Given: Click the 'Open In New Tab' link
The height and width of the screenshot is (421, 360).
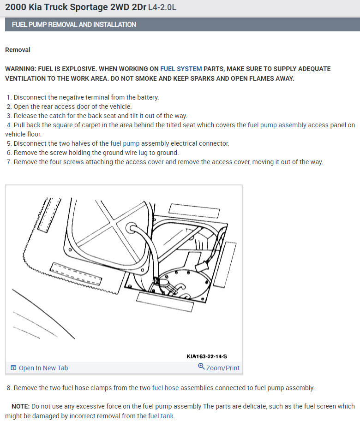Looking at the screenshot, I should [x=43, y=368].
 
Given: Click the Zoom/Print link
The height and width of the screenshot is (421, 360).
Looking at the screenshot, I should [x=223, y=368].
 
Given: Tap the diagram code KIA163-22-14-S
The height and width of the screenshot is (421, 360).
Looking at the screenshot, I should [x=207, y=356].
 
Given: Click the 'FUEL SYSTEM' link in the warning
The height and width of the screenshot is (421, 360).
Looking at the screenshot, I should [x=181, y=69].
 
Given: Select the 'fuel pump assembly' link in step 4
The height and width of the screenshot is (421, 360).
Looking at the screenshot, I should [x=277, y=125].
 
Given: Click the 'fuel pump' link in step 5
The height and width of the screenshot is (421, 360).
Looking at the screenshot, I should [x=125, y=143].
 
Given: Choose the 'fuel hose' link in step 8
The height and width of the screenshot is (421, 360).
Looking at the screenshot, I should [x=165, y=388].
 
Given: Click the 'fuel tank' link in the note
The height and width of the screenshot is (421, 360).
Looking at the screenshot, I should [x=161, y=416].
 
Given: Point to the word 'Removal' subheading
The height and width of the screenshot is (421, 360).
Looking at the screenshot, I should [x=18, y=50].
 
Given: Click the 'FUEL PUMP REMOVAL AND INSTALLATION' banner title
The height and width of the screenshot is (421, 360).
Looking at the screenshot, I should [x=74, y=24].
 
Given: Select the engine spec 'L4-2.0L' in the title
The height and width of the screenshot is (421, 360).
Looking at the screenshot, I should [x=162, y=8].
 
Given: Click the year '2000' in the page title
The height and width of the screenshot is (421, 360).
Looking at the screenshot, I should [x=15, y=8].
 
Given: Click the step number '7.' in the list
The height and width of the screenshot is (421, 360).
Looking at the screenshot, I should [x=9, y=162].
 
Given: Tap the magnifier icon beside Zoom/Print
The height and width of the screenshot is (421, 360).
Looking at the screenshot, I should [x=201, y=367].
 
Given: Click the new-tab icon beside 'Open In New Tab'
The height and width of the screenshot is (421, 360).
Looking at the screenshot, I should [x=13, y=368].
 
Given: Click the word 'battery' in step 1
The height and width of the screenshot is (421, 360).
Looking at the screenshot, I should [x=148, y=97].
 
